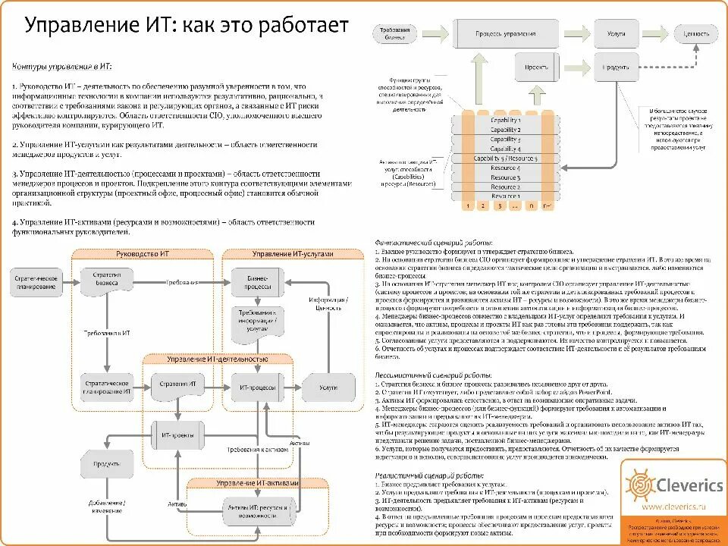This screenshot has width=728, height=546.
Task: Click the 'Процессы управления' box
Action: point(505,34)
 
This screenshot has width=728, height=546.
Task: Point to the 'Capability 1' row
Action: point(505,120)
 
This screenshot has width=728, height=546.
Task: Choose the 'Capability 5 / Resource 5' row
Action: point(505,158)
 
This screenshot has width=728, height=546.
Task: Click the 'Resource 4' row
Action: point(505,168)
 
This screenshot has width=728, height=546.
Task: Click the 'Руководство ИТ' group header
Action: point(143,254)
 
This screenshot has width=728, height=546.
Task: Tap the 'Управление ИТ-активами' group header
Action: point(257,484)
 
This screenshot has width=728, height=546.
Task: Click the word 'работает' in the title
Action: point(304,25)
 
